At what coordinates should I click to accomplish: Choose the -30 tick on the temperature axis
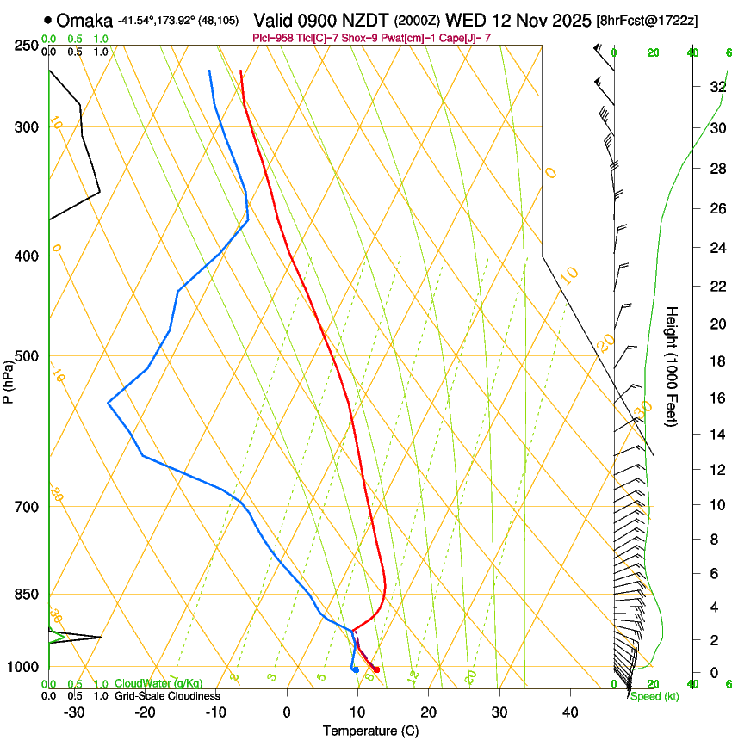[x=74, y=712]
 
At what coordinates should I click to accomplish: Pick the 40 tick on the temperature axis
[x=570, y=712]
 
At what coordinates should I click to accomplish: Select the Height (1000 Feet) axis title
[x=673, y=367]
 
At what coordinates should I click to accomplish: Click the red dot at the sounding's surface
[x=376, y=669]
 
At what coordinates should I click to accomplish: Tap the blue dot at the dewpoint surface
[x=355, y=669]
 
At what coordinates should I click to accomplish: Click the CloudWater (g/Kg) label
[x=152, y=684]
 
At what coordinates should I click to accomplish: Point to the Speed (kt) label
[x=654, y=696]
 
